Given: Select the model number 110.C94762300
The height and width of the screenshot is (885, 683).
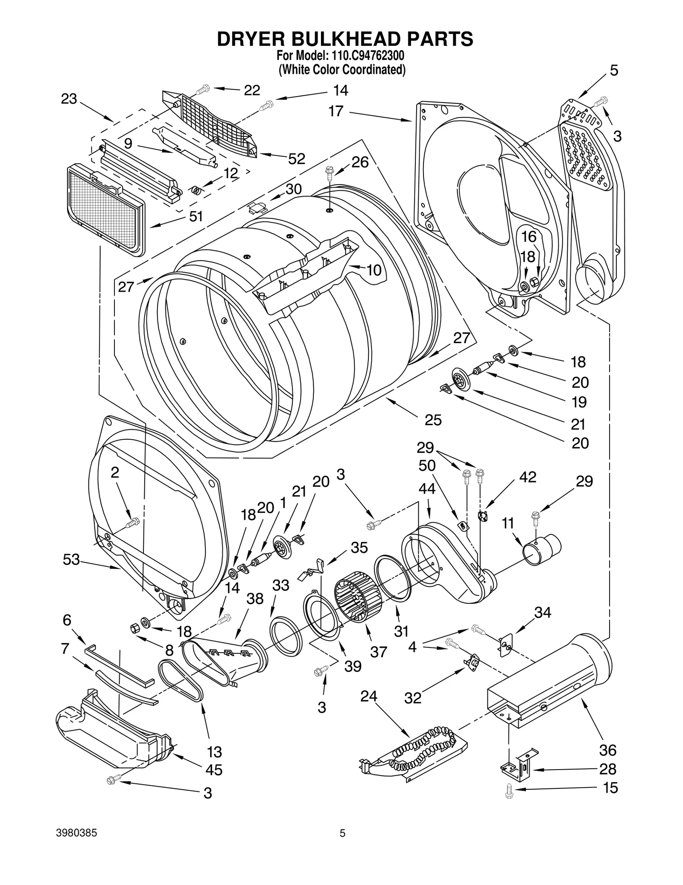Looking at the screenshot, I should (x=365, y=56).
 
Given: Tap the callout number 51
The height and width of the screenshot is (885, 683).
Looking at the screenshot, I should (x=196, y=217).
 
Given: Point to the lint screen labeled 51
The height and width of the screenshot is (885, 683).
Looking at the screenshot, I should (x=105, y=209).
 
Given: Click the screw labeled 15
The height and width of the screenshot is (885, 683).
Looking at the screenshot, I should (x=508, y=790).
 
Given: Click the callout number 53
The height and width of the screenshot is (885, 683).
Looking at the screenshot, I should (x=71, y=559).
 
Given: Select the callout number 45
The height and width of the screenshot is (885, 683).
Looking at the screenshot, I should (x=214, y=770).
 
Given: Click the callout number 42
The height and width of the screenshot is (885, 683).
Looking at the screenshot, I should (x=528, y=477).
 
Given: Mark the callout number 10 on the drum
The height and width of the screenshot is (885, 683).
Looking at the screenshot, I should (x=374, y=270).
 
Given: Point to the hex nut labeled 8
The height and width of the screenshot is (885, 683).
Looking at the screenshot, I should (x=134, y=628).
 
